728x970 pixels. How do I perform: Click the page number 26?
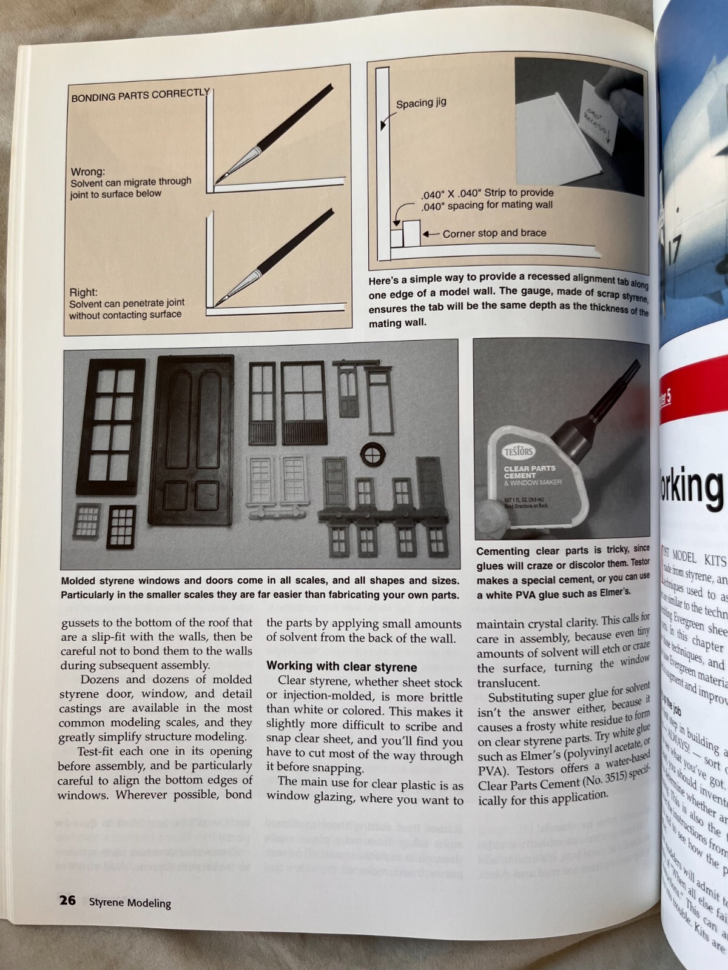(67, 900)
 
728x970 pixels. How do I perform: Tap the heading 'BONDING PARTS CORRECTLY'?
(140, 95)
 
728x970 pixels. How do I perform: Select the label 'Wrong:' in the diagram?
(87, 172)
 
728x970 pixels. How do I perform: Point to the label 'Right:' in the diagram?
(83, 292)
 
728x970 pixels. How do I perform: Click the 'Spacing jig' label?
(421, 103)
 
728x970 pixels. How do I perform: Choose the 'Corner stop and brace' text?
(494, 233)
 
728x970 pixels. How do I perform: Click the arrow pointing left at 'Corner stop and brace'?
(431, 233)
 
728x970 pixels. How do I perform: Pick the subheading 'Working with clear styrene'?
(342, 667)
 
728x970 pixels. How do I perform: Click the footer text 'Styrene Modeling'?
(130, 903)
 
